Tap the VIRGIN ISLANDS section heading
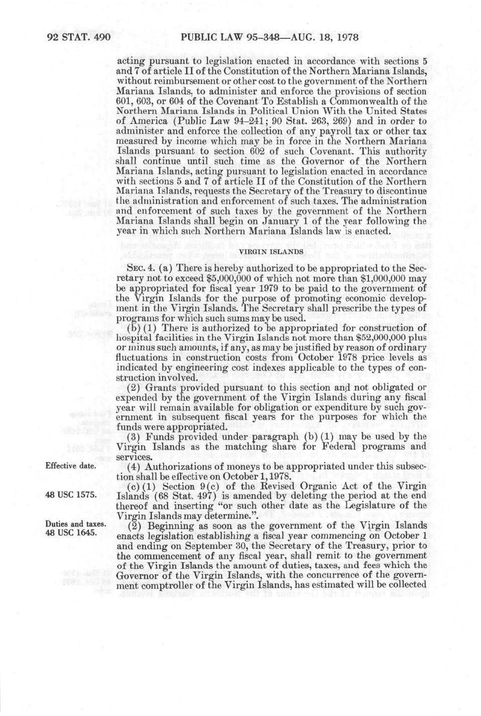coord(271,251)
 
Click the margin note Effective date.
coord(71,466)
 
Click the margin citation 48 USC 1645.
coord(71,532)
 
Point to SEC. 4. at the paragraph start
coord(133,268)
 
